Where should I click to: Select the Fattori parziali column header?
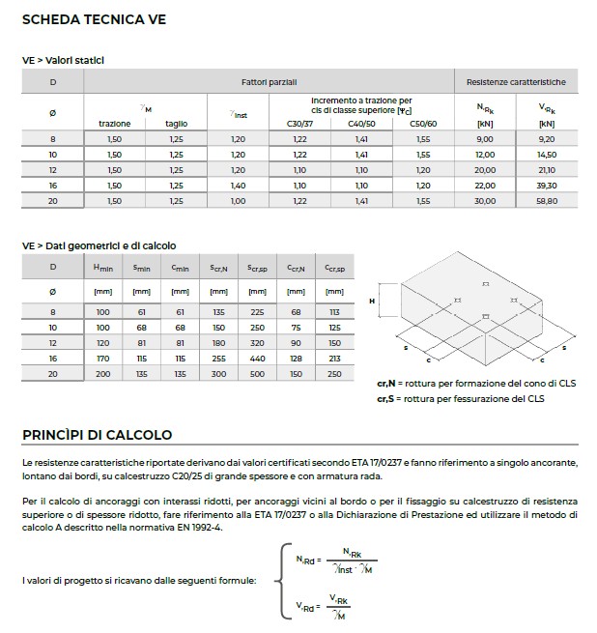point(269,82)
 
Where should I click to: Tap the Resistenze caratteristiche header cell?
point(516,82)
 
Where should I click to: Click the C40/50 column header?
point(362,124)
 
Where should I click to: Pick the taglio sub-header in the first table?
point(176,124)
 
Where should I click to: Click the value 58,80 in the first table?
point(547,201)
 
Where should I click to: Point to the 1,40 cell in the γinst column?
point(239,186)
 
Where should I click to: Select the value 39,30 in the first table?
point(547,186)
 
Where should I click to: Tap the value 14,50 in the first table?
point(547,155)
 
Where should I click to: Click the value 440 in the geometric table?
point(257,359)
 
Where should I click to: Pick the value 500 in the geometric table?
point(257,374)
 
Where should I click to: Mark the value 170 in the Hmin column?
point(102,359)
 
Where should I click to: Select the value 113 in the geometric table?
point(334,312)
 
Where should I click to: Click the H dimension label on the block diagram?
point(371,302)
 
